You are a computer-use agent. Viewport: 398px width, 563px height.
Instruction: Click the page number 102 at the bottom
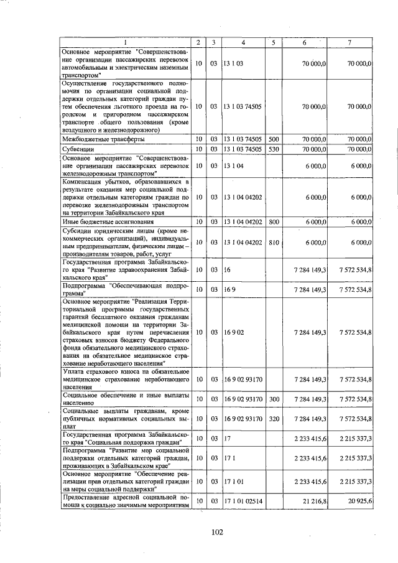pos(217,531)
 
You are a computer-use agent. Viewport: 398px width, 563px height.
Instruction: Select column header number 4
pos(243,42)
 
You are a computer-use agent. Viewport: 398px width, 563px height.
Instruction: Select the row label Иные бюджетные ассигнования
pos(98,221)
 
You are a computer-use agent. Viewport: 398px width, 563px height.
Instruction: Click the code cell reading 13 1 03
pos(234,63)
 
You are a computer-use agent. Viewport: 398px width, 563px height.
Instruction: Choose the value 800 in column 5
pos(274,221)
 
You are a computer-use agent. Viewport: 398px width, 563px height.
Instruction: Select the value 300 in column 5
pos(274,398)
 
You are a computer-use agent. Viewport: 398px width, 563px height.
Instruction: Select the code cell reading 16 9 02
pos(234,332)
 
